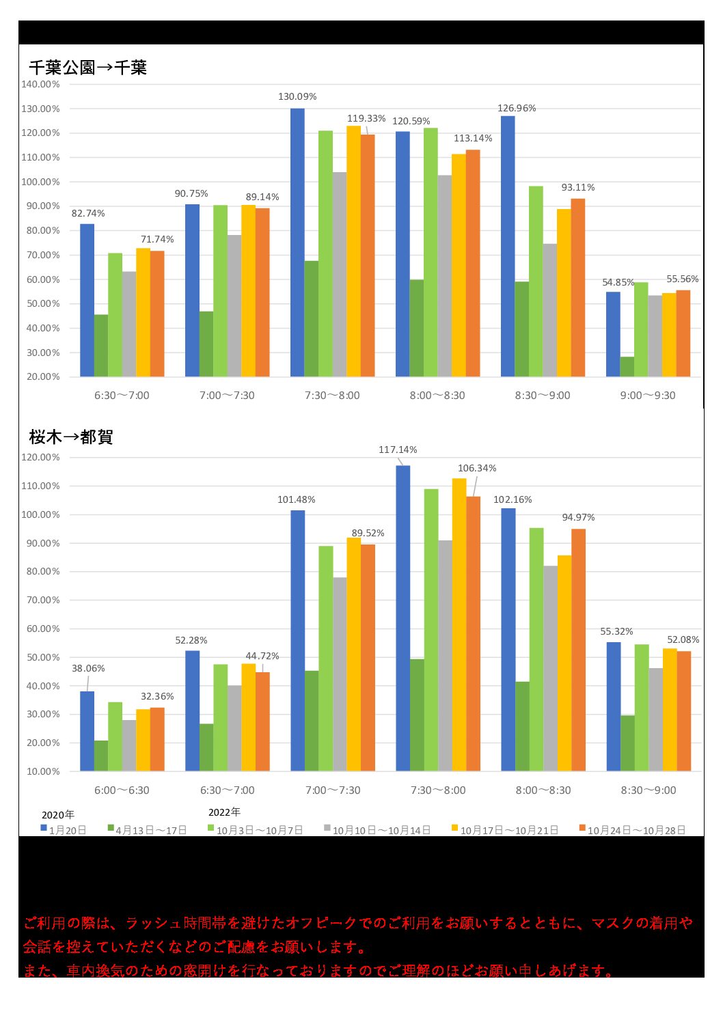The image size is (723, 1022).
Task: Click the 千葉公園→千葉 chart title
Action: pos(87,68)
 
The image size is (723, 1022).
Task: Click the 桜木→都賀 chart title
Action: pos(70,437)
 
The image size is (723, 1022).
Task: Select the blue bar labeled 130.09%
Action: pos(297,243)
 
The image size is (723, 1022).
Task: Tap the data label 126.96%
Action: pos(517,108)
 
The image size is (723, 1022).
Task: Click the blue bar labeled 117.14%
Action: pos(403,618)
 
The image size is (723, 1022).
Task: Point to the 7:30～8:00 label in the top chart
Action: pos(332,396)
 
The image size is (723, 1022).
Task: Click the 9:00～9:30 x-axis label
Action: pos(648,396)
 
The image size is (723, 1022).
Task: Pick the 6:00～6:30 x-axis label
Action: pos(122,790)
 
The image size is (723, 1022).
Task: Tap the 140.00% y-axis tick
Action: pos(40,84)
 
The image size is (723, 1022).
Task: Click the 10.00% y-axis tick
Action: pos(43,771)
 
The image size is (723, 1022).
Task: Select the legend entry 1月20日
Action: pos(67,830)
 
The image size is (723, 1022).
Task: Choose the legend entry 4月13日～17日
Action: pos(150,830)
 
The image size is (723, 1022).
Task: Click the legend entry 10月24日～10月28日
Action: pos(636,830)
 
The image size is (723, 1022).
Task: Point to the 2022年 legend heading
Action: pos(224,812)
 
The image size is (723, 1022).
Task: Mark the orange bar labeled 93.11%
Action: pos(578,288)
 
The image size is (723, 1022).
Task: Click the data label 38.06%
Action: pos(88,668)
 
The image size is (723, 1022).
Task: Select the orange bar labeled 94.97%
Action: pos(578,650)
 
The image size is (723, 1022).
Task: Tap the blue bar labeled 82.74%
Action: pos(87,301)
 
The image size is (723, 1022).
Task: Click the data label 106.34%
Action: pos(477,468)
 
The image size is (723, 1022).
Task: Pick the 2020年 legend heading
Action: pos(58,815)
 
